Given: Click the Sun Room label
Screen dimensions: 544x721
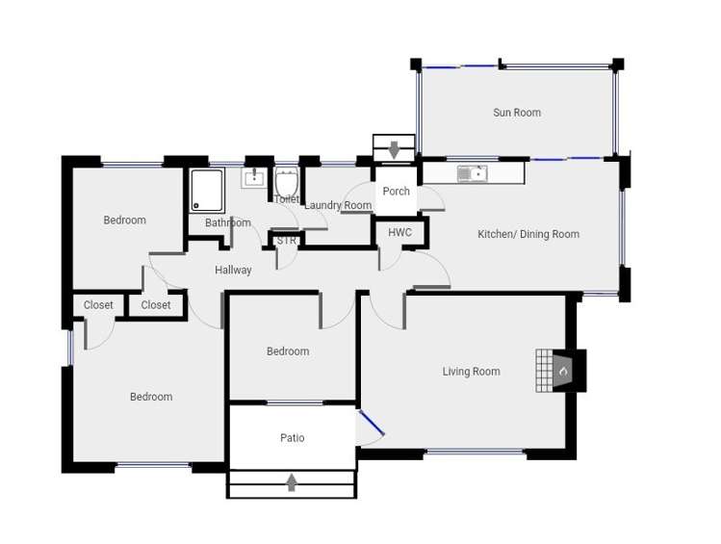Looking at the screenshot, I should point(517,113).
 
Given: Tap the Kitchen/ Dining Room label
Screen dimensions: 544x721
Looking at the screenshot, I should point(528,234).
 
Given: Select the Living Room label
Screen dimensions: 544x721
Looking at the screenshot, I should point(471,372).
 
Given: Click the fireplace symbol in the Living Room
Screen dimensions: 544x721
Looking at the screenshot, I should point(562,370).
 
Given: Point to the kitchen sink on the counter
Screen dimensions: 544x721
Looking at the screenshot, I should point(472,174).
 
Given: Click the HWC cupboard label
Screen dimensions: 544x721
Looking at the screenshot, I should point(399,233).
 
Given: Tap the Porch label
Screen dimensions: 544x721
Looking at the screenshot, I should point(396,192).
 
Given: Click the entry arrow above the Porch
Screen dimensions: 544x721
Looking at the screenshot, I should point(394,150).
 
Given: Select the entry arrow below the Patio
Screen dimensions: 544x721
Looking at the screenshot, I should point(292,482).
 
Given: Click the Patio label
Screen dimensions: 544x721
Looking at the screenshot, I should point(292,438).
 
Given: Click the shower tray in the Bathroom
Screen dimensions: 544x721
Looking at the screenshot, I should point(206,190).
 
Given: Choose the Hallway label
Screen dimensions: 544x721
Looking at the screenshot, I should point(233,271).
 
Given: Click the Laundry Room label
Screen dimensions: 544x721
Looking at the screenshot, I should point(338,206).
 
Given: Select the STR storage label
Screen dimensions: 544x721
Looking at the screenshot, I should point(287,241).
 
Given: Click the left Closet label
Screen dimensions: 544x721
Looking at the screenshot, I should point(98,305).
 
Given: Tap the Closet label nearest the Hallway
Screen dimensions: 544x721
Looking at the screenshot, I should point(156,305).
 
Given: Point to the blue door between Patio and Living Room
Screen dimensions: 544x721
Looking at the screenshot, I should point(371,425).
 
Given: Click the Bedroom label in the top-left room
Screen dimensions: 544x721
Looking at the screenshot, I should point(125,220).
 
